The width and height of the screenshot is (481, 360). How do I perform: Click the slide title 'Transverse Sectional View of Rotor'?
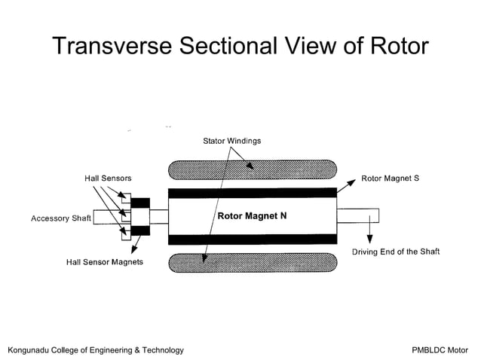[x=240, y=46]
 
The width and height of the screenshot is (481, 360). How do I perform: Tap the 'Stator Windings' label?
[x=232, y=141]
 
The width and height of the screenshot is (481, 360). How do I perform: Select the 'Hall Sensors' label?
[x=108, y=178]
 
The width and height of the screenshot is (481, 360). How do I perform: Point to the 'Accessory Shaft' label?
[x=60, y=218]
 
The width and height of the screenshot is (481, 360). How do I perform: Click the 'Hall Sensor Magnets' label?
[x=105, y=262]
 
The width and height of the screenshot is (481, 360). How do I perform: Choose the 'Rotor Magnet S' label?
[x=390, y=178]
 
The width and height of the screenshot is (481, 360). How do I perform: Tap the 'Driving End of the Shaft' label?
[x=395, y=252]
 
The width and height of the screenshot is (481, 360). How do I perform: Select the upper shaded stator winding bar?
[x=252, y=169]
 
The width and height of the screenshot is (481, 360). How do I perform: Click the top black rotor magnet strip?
[x=252, y=194]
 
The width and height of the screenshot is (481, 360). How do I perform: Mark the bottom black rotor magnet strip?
[x=252, y=239]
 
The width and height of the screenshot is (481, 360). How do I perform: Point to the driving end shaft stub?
[x=357, y=216]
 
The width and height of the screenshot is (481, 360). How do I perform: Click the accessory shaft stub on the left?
[x=103, y=217]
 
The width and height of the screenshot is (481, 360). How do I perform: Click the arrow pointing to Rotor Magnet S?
[x=346, y=185]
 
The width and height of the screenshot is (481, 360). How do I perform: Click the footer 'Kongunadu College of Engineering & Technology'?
[x=95, y=350]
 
